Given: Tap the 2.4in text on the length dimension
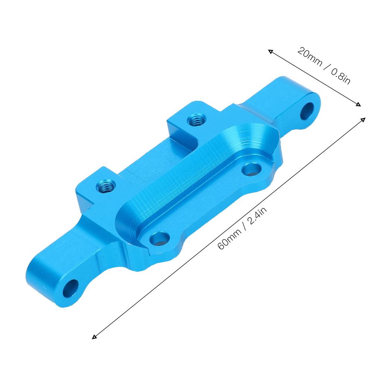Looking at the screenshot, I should tap(259, 217).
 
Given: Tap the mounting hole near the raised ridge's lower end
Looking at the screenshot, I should tap(159, 238).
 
